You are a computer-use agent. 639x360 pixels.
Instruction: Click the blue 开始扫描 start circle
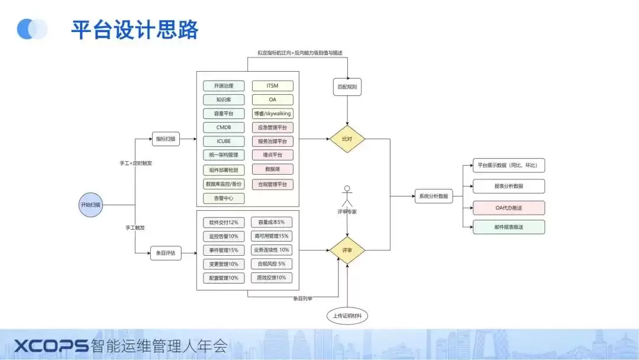[x=91, y=205]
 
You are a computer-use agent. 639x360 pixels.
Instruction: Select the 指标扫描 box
[x=166, y=139]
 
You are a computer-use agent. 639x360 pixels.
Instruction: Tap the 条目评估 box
[x=166, y=253]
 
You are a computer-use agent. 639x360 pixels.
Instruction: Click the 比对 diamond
[x=347, y=139]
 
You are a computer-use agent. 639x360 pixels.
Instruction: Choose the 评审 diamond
[x=347, y=250]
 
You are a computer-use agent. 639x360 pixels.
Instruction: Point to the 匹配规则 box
[x=347, y=87]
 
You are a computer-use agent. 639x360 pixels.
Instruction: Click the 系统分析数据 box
[x=434, y=196]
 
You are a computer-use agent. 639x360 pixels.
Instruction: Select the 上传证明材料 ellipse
[x=347, y=316]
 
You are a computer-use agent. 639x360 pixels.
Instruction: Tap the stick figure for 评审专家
[x=347, y=196]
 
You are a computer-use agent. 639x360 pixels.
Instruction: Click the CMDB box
[x=224, y=127]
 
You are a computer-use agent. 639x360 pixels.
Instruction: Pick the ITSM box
[x=272, y=86]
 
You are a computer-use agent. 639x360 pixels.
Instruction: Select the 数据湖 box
[x=272, y=169]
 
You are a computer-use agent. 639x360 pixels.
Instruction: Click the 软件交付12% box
[x=224, y=223]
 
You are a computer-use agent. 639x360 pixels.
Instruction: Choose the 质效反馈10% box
[x=272, y=278]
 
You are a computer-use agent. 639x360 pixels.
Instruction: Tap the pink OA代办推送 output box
[x=509, y=208]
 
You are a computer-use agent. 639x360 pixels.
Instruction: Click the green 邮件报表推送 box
[x=509, y=227]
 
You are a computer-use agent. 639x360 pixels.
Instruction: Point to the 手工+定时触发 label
[x=135, y=163]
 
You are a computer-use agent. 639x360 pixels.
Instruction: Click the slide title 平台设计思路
[x=135, y=30]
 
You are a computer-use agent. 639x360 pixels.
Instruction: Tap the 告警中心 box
[x=224, y=198]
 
